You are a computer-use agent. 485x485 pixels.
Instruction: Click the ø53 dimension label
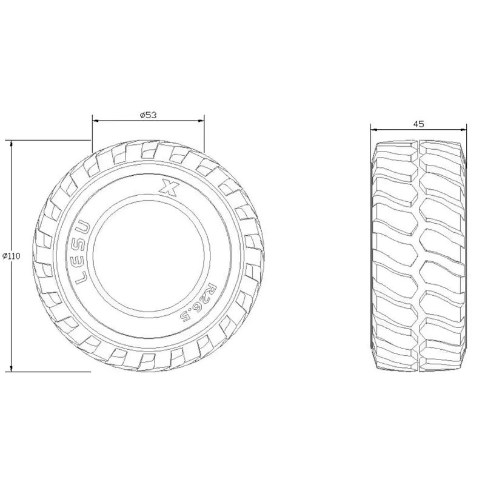[x=149, y=115]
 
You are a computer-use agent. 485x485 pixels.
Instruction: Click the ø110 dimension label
[x=11, y=256]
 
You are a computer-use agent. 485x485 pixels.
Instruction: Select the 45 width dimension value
[x=418, y=124]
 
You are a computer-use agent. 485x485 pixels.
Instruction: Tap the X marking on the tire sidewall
[x=169, y=186]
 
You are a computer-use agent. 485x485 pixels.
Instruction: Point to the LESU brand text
[x=82, y=253]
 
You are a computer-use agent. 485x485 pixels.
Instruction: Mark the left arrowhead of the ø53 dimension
[x=96, y=121]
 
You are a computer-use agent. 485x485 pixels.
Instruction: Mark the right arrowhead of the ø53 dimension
[x=201, y=121]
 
